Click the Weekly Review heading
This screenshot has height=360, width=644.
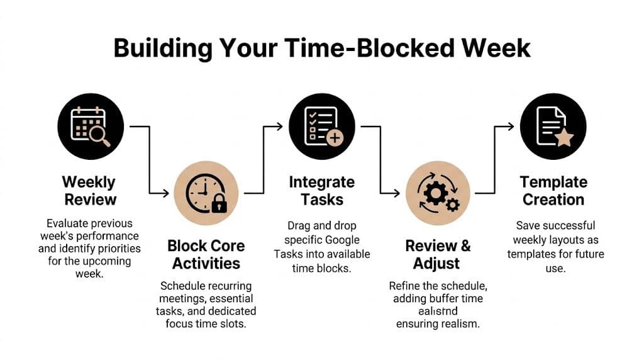point(89,191)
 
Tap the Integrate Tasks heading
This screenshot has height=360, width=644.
point(321,191)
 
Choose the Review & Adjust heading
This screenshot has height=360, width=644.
point(438,254)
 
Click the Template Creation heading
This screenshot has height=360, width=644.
point(553,191)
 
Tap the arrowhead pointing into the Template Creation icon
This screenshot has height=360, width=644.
point(511,127)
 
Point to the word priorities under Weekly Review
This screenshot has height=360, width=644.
point(120,249)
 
